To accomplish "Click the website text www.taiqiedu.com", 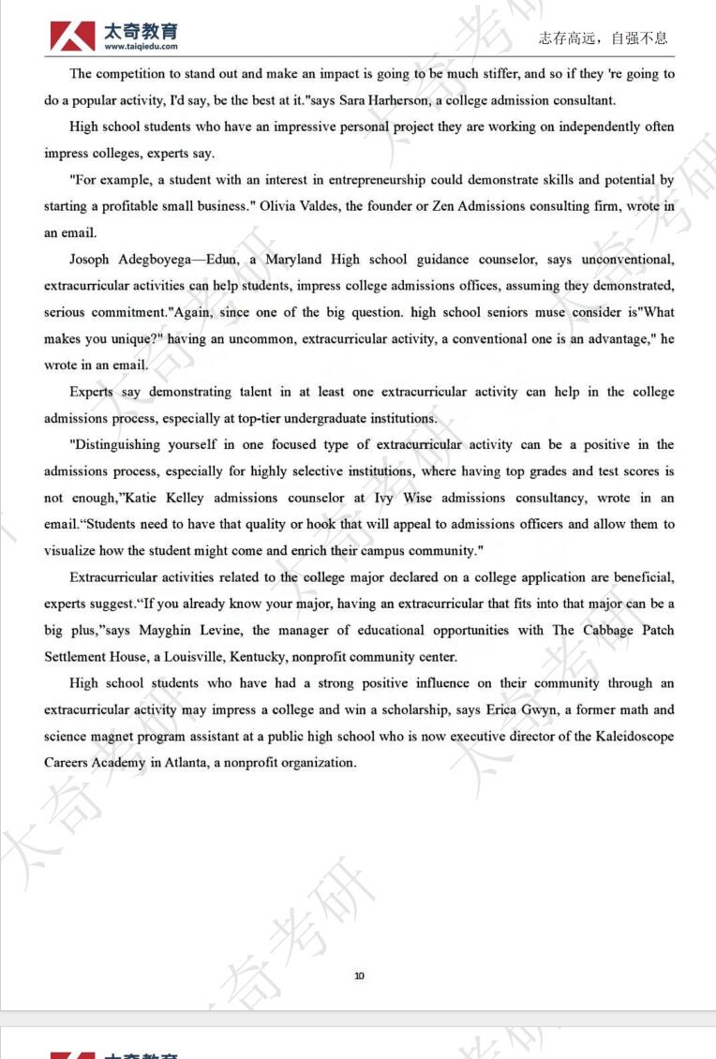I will (142, 47).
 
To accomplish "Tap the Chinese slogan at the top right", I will (604, 37).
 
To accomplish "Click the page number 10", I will (359, 977).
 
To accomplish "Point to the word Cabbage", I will (607, 630).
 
